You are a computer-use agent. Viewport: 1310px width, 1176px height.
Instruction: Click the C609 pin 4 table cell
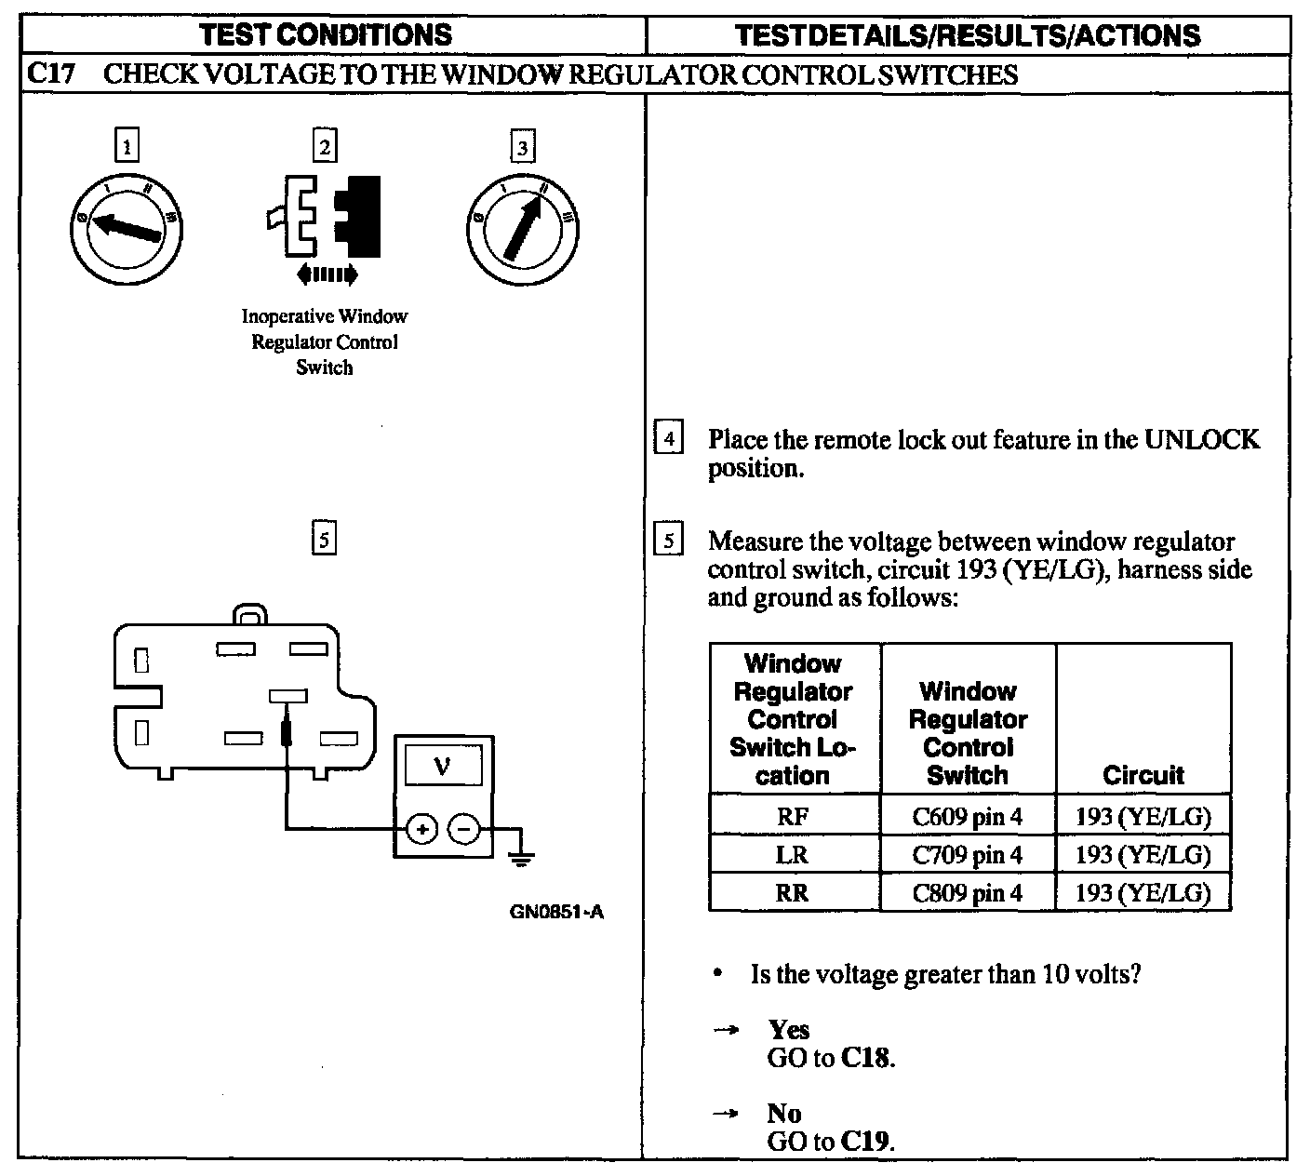[967, 817]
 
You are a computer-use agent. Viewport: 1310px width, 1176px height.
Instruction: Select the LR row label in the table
[793, 854]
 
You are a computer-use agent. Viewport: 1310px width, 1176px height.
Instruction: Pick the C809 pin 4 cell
[967, 893]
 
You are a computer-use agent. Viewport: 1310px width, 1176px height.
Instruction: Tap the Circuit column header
[1143, 775]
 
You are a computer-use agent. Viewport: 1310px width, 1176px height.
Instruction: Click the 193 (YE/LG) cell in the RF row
[1143, 817]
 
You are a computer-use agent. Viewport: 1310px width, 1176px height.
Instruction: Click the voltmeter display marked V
[442, 768]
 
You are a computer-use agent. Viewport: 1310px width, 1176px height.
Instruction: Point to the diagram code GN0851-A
[556, 912]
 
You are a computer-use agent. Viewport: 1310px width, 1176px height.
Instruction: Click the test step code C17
[50, 74]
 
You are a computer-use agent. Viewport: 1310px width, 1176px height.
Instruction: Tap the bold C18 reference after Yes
[866, 1058]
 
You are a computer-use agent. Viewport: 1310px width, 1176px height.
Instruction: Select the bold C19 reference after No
[866, 1142]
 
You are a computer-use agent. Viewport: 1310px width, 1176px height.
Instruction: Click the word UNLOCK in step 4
[1201, 439]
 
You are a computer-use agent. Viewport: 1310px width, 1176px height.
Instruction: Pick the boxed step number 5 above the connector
[323, 539]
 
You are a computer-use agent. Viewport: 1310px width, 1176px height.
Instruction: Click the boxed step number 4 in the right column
[668, 438]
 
